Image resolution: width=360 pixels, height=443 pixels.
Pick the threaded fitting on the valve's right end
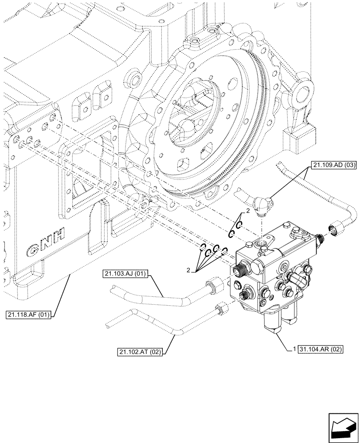pos(321,240)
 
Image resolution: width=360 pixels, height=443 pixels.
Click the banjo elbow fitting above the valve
pos(260,203)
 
